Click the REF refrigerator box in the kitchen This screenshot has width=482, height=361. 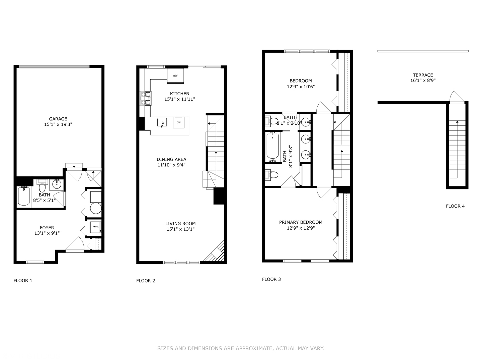[x=175, y=75]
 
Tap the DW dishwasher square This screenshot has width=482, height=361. [x=178, y=122]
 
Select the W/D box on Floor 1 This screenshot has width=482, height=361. [x=96, y=227]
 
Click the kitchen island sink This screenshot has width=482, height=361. [x=162, y=123]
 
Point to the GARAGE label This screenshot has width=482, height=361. [x=58, y=119]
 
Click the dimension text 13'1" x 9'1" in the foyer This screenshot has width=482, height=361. [x=47, y=233]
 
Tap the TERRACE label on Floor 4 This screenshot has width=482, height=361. [x=423, y=75]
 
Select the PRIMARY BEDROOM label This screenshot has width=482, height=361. [x=301, y=222]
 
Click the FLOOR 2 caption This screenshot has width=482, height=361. [x=146, y=281]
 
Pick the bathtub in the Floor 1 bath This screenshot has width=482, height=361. [x=24, y=196]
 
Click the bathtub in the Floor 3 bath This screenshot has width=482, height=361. [x=273, y=146]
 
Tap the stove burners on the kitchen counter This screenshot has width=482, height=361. [x=147, y=98]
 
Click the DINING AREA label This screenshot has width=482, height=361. [x=171, y=159]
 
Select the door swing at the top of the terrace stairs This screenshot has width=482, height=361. [x=457, y=97]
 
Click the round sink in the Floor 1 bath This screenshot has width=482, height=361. [x=57, y=184]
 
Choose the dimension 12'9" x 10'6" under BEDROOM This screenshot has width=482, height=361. [x=301, y=87]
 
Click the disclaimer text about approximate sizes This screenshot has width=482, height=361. [x=241, y=348]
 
